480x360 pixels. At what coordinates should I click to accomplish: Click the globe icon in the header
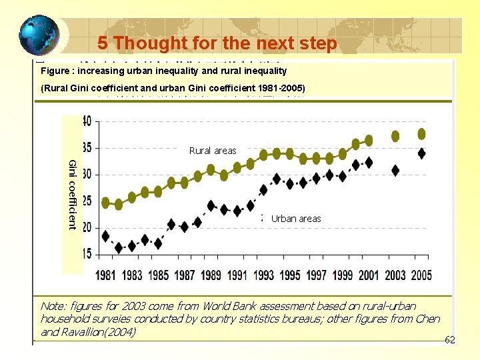tap(39, 35)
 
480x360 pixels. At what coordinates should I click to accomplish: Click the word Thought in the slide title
tap(146, 43)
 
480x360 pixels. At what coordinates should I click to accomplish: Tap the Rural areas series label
tap(213, 151)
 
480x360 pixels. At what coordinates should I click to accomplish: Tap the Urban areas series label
tap(296, 219)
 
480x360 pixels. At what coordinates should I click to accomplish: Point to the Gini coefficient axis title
tap(72, 195)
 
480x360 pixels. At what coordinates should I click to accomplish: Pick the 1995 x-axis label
tap(291, 275)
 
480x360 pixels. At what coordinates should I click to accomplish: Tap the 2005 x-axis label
tap(421, 275)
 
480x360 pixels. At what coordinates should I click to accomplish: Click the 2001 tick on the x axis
tap(369, 275)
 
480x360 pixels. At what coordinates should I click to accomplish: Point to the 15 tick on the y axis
tap(87, 253)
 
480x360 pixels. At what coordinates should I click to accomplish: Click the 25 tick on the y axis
tap(87, 201)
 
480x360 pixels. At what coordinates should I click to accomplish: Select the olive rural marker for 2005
tap(421, 134)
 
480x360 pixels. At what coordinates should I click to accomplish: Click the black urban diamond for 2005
tap(421, 153)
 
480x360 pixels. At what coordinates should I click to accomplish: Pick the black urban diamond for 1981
tap(105, 236)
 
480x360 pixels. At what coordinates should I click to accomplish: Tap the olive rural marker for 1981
tap(105, 202)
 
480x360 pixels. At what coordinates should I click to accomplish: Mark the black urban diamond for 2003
tap(395, 171)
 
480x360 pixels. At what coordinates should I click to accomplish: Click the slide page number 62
tap(449, 340)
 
